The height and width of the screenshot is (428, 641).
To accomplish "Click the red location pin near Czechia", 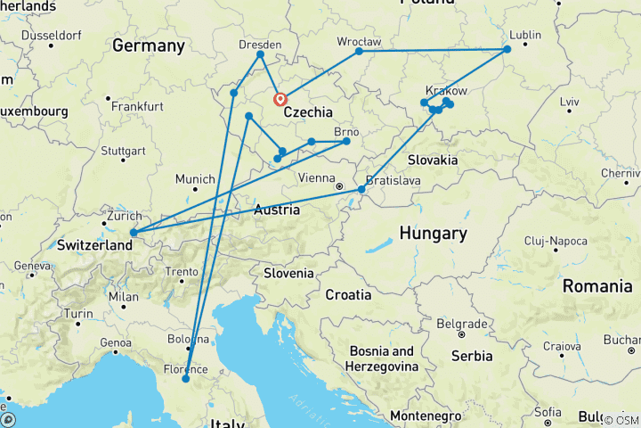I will [x=280, y=99].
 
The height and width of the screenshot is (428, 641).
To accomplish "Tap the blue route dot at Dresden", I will [x=260, y=55].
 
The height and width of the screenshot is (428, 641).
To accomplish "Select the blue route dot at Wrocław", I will [x=360, y=52].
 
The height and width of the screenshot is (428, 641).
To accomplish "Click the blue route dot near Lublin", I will [x=507, y=50].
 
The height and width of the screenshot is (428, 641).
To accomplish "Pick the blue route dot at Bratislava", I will [x=361, y=190].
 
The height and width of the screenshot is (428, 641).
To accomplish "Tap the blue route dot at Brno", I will [x=346, y=142].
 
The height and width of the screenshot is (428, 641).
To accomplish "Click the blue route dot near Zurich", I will [x=133, y=234].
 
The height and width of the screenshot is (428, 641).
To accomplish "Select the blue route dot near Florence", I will [x=186, y=379].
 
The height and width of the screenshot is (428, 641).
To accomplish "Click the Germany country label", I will [x=149, y=45].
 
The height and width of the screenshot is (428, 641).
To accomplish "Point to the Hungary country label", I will [x=433, y=234].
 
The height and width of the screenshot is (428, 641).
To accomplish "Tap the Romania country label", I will [x=596, y=286].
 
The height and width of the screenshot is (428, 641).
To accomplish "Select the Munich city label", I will [x=195, y=180].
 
